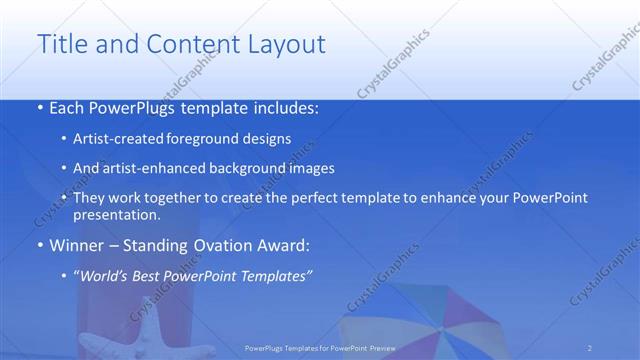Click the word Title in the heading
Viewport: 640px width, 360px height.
58,44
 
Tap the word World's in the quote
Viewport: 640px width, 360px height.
105,275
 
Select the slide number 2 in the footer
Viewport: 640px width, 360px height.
590,347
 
